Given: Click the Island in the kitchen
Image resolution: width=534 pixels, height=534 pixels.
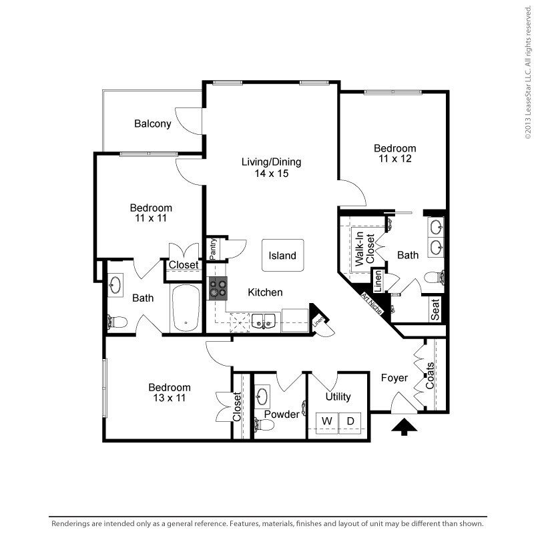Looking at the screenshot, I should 282,256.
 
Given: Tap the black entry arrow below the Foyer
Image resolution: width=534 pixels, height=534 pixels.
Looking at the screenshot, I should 404,427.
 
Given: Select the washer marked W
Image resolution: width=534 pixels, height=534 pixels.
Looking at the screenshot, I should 327,422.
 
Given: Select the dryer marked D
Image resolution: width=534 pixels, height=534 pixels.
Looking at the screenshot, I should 350,422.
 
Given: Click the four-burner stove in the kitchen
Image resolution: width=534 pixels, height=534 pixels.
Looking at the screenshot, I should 218,289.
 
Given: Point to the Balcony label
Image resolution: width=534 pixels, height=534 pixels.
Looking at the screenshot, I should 153,123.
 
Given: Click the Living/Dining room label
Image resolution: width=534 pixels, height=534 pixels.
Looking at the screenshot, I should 272,162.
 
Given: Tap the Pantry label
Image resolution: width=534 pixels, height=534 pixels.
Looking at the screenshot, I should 213,249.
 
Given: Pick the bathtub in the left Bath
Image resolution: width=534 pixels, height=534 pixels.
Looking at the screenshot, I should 185,308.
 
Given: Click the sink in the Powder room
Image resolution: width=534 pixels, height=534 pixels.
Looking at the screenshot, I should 262,396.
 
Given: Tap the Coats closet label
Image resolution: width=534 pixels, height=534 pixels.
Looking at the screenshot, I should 431,376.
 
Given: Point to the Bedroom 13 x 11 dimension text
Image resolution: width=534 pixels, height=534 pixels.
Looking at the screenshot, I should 169,398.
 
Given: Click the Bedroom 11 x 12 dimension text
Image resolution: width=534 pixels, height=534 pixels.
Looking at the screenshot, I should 394,159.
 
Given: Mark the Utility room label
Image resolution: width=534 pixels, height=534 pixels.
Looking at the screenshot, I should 338,396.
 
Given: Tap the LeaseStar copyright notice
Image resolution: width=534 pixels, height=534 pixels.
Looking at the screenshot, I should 527,70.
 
